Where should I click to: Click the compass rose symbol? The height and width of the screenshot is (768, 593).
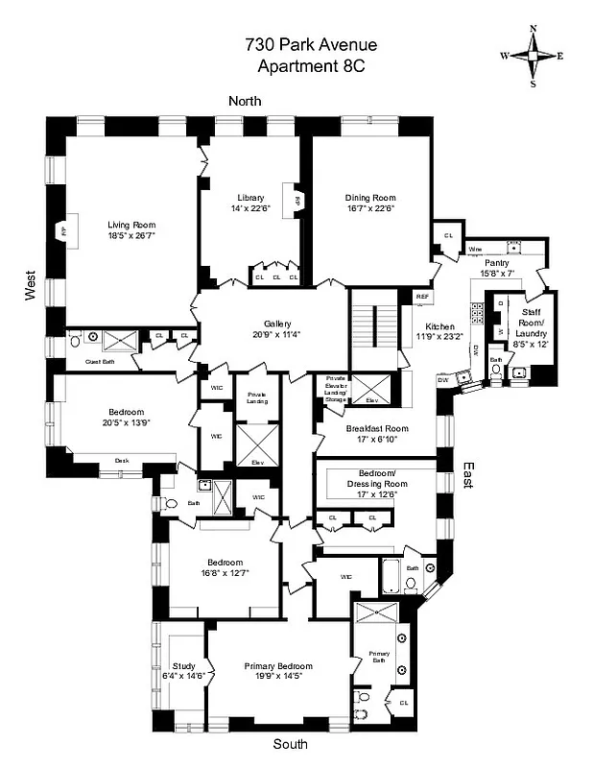(533, 56)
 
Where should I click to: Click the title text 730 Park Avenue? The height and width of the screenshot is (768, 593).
(298, 45)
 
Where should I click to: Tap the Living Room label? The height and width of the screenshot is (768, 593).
(130, 225)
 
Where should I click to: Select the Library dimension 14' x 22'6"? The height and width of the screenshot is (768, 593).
(250, 208)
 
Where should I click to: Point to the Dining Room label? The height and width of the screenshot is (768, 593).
(370, 199)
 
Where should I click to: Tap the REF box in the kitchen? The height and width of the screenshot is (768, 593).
(422, 298)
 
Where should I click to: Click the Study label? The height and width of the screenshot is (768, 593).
(183, 666)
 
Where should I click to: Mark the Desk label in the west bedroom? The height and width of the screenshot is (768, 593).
(121, 460)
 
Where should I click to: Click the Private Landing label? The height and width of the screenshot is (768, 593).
(256, 398)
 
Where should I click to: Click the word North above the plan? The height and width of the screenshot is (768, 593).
(244, 101)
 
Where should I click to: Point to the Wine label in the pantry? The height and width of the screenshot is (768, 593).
(475, 250)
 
